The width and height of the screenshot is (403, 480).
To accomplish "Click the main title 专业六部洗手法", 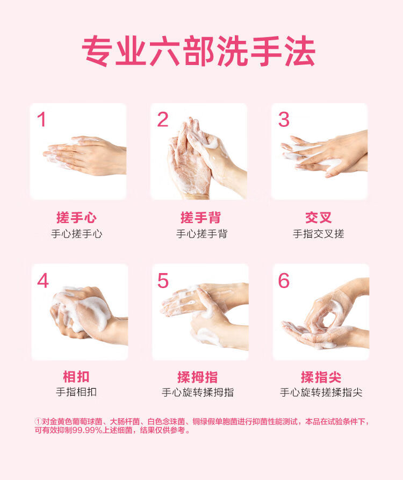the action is [199, 51].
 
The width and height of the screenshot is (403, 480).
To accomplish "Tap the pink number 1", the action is [42, 119].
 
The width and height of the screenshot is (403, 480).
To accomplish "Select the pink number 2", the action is [162, 119].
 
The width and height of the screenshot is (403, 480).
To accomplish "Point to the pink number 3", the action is [284, 119].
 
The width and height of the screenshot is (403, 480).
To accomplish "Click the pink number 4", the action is [43, 281].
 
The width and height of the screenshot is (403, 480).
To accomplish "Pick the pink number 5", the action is [163, 281].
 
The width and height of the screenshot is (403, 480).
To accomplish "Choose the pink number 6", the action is [284, 281].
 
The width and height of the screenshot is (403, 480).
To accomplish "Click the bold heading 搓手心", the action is [76, 218].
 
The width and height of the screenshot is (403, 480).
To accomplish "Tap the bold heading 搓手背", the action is [201, 218].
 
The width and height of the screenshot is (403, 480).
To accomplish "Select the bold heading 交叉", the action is [319, 218].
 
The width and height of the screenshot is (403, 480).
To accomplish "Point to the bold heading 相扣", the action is [76, 377].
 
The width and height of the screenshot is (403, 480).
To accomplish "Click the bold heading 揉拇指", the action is [198, 377].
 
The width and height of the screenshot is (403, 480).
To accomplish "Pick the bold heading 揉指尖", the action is [321, 377].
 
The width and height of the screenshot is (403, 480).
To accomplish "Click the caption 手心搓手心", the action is [76, 234].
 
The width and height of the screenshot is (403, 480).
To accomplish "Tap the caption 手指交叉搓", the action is [319, 234].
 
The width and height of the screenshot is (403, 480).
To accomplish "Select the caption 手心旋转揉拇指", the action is [198, 392].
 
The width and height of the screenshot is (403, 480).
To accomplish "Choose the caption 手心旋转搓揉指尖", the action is [321, 392].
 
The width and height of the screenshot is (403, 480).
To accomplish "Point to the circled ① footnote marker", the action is [38, 421].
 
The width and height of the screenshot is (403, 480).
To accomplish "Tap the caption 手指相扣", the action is [76, 392].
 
